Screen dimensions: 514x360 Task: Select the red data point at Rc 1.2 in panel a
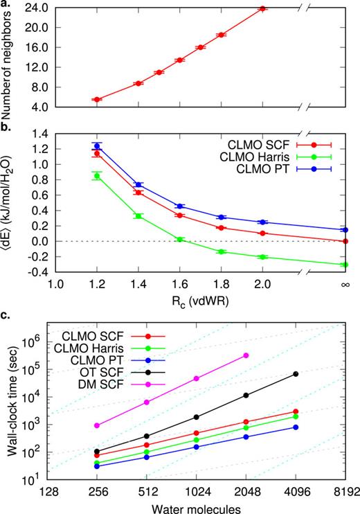pos(97,99)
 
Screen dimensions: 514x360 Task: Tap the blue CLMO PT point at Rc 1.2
pos(97,145)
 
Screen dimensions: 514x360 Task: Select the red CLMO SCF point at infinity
pos(345,241)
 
